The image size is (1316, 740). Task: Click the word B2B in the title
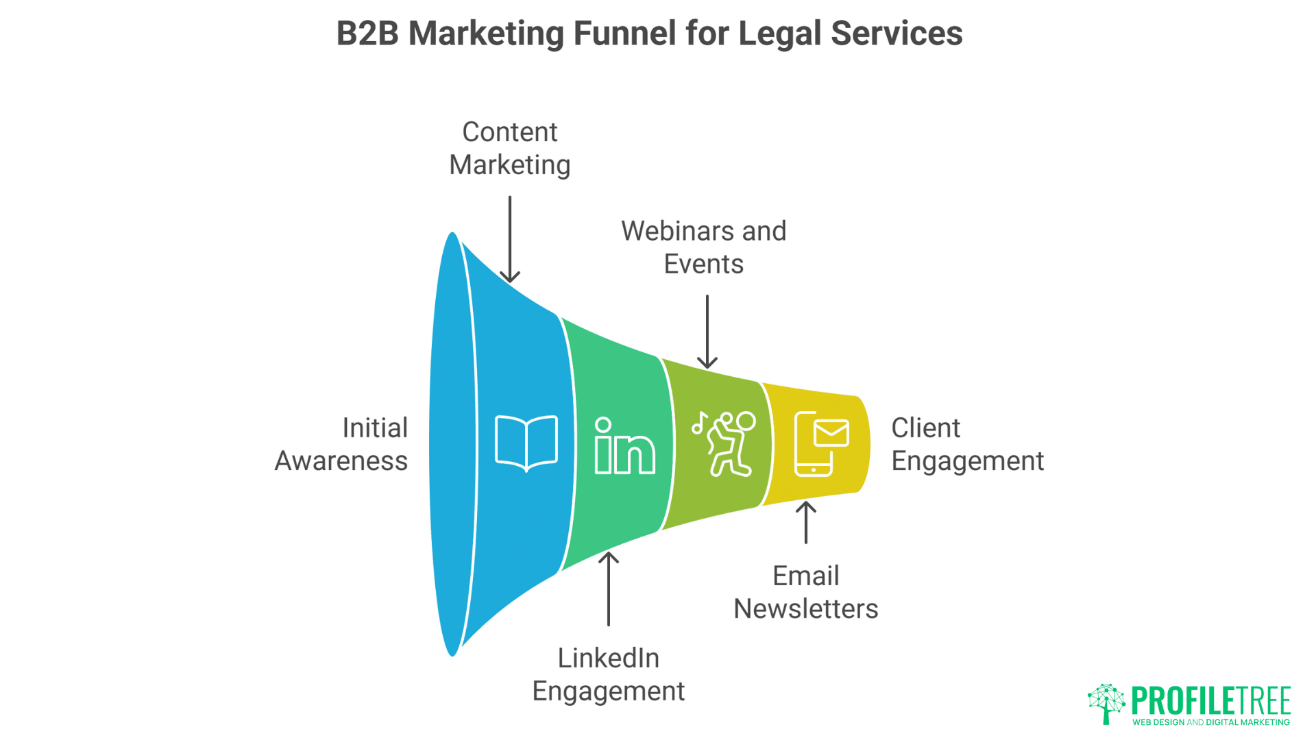(367, 33)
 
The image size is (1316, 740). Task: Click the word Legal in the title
(779, 33)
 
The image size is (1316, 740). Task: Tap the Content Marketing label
(510, 148)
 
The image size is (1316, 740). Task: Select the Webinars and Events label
(704, 247)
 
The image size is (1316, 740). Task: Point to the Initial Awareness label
(341, 444)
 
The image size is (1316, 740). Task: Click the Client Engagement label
(967, 444)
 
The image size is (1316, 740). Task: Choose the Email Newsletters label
(805, 592)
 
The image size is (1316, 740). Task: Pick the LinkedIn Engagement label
(609, 674)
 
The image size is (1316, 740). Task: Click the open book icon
(526, 443)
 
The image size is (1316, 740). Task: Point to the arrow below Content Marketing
(510, 239)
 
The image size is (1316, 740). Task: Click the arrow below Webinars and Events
(707, 332)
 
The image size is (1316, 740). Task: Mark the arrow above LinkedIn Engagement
(609, 589)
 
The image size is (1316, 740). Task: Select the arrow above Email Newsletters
(806, 523)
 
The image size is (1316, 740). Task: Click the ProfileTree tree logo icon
(1106, 703)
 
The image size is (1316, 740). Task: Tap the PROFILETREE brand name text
(1211, 700)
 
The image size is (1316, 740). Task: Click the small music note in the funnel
(698, 423)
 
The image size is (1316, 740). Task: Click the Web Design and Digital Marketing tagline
(1211, 722)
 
